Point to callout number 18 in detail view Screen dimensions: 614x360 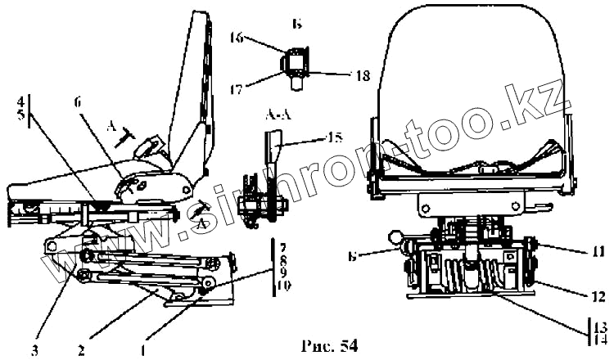pyautogui.click(x=359, y=74)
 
